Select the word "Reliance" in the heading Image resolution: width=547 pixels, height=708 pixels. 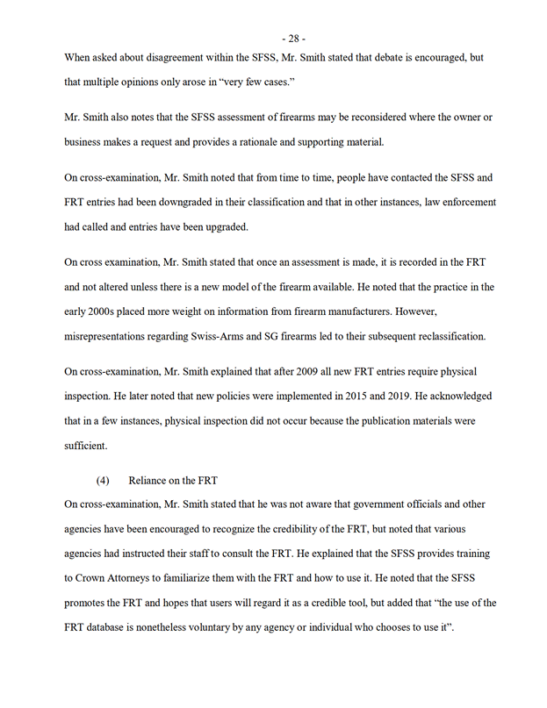pyautogui.click(x=150, y=481)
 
